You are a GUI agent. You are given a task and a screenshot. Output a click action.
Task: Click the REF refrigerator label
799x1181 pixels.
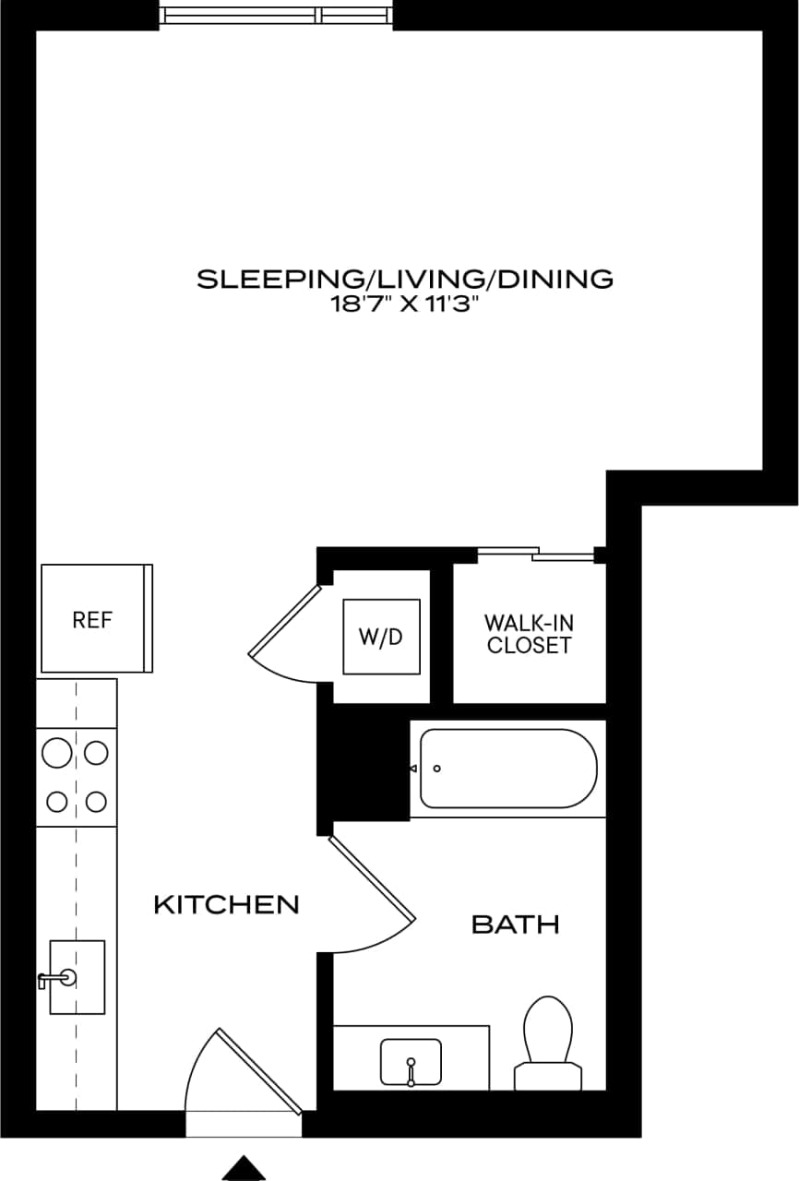[92, 620]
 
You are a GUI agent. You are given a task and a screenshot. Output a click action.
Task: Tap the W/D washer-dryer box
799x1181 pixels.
[381, 637]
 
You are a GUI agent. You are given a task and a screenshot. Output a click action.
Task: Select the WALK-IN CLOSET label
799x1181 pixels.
[530, 635]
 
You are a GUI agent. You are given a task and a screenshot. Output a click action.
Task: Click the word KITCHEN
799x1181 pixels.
[226, 905]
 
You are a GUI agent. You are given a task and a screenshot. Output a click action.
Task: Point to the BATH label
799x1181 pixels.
[515, 924]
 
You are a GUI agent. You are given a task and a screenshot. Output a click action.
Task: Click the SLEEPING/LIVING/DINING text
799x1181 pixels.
[405, 279]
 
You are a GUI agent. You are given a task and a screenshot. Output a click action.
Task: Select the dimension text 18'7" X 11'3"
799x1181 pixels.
[405, 305]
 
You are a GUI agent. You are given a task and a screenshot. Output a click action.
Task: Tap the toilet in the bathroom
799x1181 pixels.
[548, 1043]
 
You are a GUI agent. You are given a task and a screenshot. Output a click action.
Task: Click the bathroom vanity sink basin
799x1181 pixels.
[411, 1061]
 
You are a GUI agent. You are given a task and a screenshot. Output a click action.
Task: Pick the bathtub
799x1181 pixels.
[508, 769]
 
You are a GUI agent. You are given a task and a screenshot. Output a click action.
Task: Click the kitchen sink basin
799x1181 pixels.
[77, 977]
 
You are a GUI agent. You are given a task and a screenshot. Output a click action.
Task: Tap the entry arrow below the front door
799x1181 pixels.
[244, 1167]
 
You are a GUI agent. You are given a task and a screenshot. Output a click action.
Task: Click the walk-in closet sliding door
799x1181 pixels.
[536, 554]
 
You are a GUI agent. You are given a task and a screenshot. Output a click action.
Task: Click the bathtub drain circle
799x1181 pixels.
[437, 769]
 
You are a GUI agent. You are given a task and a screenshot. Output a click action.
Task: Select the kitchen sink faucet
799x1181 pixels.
[52, 980]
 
